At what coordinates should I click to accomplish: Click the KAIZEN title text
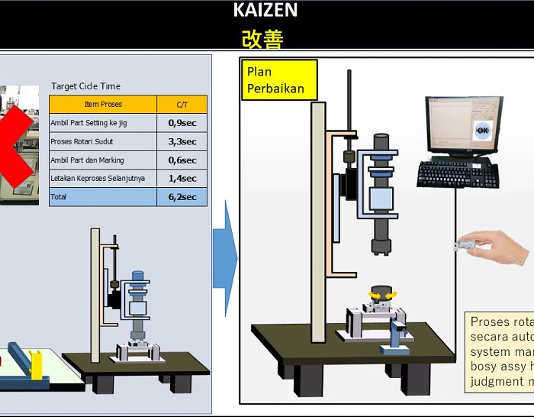(x=265, y=11)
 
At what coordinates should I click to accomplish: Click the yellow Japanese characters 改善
(x=262, y=38)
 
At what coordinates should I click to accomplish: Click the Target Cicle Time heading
(x=85, y=86)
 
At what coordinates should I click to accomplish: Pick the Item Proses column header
(x=102, y=105)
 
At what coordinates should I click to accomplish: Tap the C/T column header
(x=182, y=105)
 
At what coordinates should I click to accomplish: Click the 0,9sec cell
(x=182, y=123)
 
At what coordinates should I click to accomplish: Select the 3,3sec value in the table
(x=182, y=141)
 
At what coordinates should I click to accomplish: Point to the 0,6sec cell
(x=182, y=160)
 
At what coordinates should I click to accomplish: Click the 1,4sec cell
(x=182, y=179)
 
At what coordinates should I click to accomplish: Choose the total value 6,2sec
(x=182, y=197)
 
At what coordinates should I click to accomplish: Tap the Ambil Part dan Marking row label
(x=87, y=160)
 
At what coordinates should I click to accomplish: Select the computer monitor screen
(x=462, y=127)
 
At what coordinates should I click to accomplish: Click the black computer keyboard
(x=458, y=175)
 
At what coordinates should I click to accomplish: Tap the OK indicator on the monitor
(x=481, y=131)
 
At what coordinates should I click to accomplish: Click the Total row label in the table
(x=59, y=197)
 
